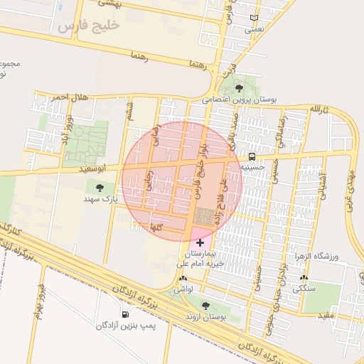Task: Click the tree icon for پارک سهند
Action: [100, 187]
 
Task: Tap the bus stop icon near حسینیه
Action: [252, 156]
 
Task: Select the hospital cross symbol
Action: [199, 243]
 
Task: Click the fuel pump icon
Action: [126, 314]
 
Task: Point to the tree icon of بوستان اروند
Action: [205, 306]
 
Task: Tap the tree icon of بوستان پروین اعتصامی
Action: [238, 88]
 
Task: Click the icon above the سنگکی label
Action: [304, 278]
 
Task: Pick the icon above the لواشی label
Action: [184, 278]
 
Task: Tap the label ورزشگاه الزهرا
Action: [323, 256]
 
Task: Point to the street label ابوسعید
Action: [94, 168]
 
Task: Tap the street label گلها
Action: [157, 227]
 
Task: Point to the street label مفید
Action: [326, 314]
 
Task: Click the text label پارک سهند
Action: [99, 199]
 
